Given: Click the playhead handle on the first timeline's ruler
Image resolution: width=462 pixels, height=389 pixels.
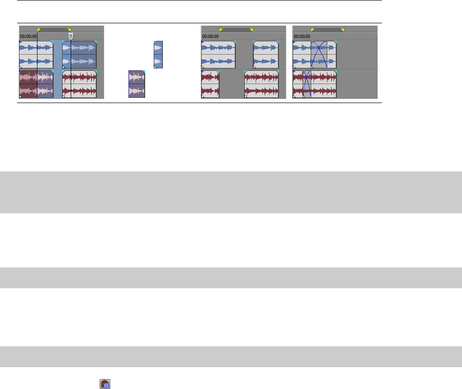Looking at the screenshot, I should pos(71,36).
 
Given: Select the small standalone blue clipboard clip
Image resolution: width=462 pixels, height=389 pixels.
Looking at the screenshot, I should pos(158,54).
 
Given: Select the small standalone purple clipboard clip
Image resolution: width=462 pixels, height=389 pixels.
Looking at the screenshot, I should pos(137,84).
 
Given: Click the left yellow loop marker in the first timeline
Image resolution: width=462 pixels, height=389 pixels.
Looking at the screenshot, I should pos(39,30).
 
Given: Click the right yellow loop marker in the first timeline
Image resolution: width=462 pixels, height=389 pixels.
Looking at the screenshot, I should pos(69,30).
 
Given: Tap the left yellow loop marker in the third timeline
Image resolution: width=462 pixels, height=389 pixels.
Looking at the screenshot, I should pos(221,30).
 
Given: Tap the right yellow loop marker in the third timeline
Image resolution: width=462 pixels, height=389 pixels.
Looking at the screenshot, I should pos(251,30).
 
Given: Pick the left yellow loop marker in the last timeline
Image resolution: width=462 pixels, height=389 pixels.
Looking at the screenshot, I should pos(313,30).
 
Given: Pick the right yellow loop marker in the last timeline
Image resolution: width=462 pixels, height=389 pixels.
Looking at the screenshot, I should pos(342,30).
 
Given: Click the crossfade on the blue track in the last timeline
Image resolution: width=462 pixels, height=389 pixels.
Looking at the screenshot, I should pos(319,55).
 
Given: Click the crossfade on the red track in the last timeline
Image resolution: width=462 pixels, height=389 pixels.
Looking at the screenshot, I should pos(307,84).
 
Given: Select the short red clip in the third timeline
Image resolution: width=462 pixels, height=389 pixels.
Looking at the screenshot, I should pos(210,84).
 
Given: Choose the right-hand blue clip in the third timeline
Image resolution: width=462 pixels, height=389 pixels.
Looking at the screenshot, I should pos(266,55).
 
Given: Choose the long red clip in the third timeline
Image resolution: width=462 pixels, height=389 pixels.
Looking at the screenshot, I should pos(261,84).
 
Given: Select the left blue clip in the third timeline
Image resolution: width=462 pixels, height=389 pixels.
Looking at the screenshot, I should pos(218,55).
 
